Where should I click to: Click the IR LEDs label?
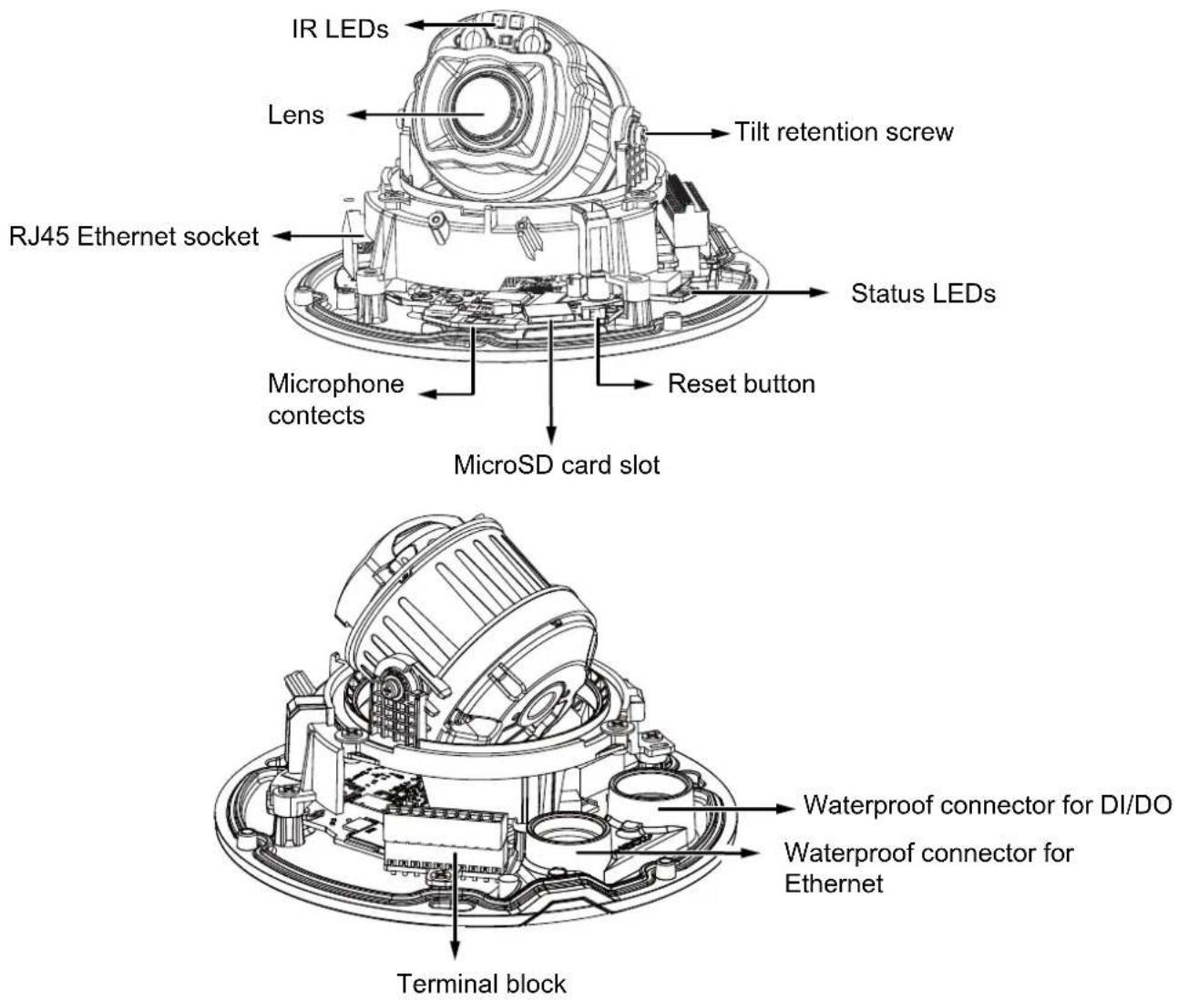coord(340,28)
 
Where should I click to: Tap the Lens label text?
coord(296,115)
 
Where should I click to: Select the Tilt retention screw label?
coord(844,132)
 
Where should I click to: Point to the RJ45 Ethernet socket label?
coord(134,236)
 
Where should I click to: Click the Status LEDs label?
coord(923,293)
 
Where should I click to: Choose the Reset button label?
coord(741,383)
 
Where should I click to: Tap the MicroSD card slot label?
coord(557,465)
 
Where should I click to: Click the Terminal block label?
coord(481,984)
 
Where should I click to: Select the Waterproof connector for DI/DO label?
coord(987,804)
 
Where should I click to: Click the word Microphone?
coord(335,383)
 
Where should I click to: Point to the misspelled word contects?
coord(316,415)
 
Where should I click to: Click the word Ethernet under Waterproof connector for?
coord(834,883)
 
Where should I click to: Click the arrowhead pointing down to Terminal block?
coord(455,949)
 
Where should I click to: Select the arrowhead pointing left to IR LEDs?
coord(415,25)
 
